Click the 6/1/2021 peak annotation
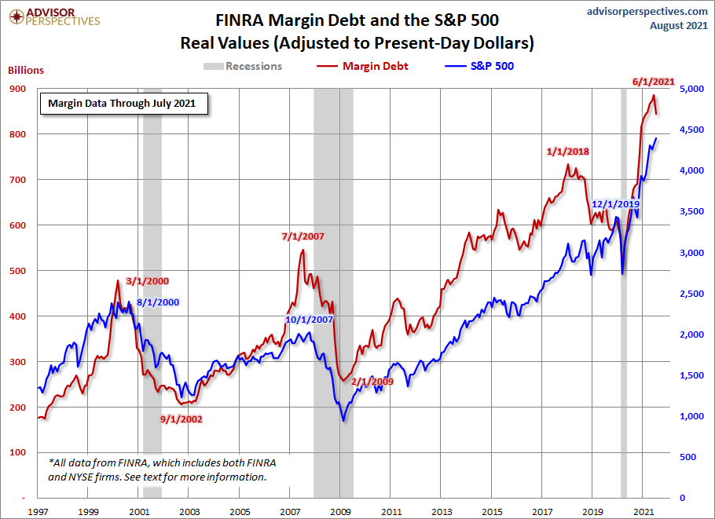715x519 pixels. pyautogui.click(x=653, y=81)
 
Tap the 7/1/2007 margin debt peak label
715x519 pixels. pyautogui.click(x=302, y=236)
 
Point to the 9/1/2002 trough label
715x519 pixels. pyautogui.click(x=181, y=418)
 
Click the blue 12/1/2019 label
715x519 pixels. pyautogui.click(x=615, y=204)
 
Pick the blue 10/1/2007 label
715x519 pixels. pyautogui.click(x=310, y=320)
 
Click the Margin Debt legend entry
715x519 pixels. pyautogui.click(x=364, y=66)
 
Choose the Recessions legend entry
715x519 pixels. pyautogui.click(x=243, y=66)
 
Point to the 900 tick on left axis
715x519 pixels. pyautogui.click(x=17, y=89)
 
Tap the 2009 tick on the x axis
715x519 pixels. pyautogui.click(x=340, y=510)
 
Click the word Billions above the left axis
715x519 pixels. pyautogui.click(x=26, y=70)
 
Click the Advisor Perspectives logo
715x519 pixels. pyautogui.click(x=54, y=17)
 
